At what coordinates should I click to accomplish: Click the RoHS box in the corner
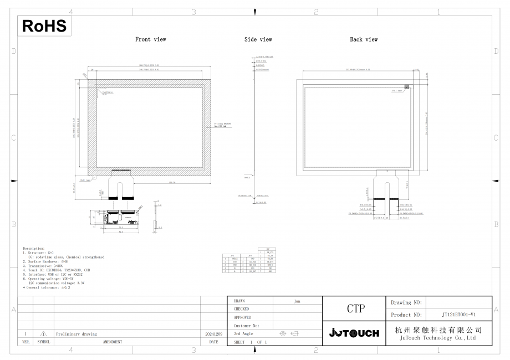[x=44, y=25]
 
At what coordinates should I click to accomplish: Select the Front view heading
[x=151, y=39]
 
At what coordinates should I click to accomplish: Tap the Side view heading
[x=258, y=39]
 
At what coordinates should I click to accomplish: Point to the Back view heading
[x=364, y=39]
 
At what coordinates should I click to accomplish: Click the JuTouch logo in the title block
[x=354, y=333]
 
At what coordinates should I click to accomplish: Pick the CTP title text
[x=355, y=308]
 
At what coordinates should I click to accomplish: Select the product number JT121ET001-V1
[x=459, y=315]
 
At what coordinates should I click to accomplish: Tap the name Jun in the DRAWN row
[x=297, y=301]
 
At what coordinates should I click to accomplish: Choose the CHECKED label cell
[x=242, y=309]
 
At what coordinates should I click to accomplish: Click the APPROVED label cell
[x=243, y=317]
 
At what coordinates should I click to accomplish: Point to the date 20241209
[x=213, y=334]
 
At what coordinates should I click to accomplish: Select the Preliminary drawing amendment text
[x=76, y=334]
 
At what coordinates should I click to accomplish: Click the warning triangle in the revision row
[x=43, y=334]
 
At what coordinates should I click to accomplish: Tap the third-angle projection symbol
[x=289, y=333]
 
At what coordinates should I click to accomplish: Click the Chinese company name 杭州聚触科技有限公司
[x=438, y=330]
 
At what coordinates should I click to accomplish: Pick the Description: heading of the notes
[x=34, y=249]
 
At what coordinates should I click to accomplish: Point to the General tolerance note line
[x=47, y=287]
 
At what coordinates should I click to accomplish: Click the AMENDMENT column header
[x=113, y=342]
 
